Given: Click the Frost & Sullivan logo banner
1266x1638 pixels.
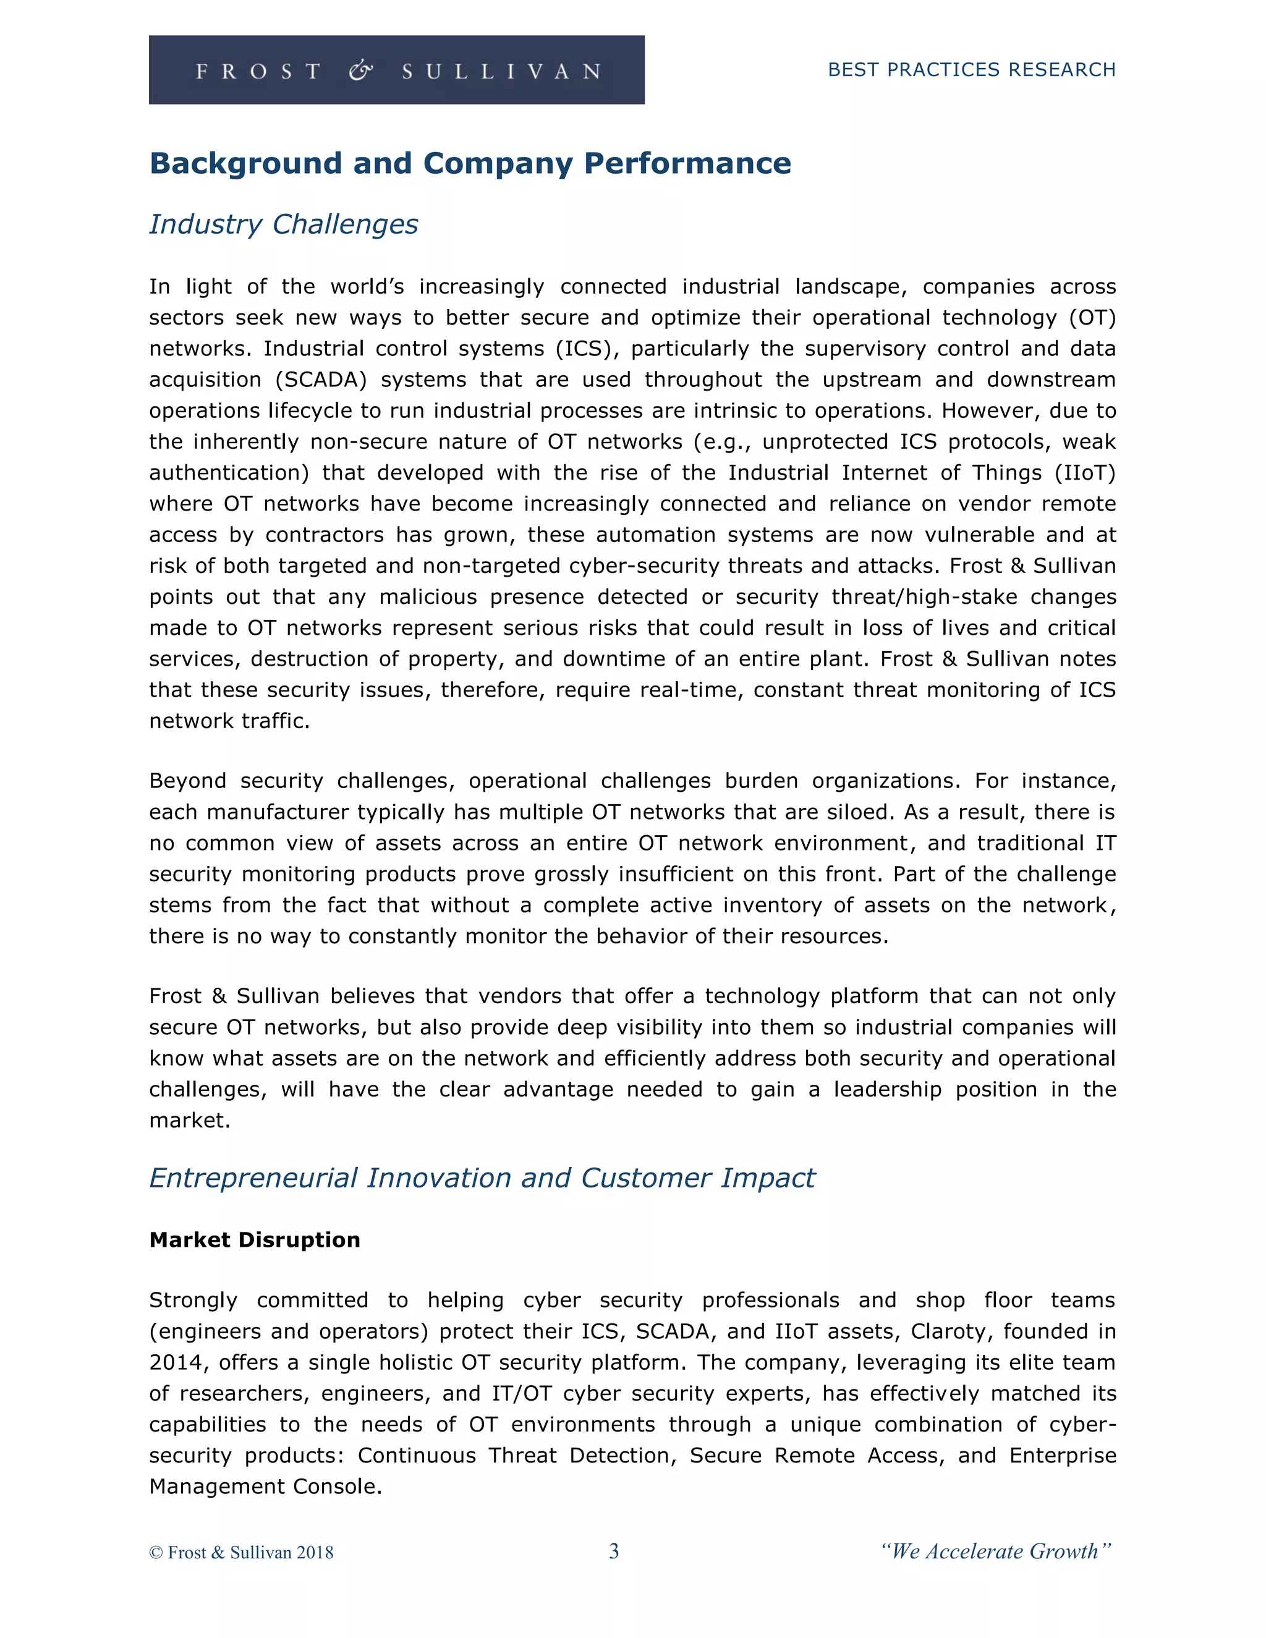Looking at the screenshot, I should (x=396, y=70).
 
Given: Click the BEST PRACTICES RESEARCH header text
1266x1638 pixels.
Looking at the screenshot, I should (x=971, y=70).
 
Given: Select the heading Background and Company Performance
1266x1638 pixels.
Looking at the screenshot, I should (x=470, y=164).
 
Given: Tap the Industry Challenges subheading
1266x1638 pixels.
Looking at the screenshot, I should (x=284, y=224).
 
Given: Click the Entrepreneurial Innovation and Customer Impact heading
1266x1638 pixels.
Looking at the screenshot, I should (x=482, y=1178).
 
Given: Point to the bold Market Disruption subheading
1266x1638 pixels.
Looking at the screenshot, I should (x=254, y=1240).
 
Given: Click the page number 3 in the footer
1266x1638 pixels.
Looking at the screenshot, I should (x=613, y=1551).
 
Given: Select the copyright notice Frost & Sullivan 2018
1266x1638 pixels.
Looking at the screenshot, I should (x=242, y=1551).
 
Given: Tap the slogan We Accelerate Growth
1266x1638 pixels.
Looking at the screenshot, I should (x=996, y=1551).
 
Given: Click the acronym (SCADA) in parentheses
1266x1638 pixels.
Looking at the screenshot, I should (x=321, y=380).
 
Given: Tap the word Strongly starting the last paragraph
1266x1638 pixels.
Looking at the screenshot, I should (x=193, y=1300).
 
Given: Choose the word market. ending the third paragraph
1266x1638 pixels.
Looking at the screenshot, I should (x=190, y=1121).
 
